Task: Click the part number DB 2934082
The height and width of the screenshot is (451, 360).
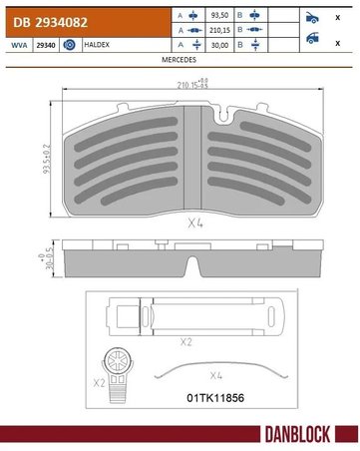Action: (50, 22)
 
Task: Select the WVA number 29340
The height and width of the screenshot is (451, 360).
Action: (46, 45)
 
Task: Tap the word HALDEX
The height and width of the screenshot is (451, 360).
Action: (97, 45)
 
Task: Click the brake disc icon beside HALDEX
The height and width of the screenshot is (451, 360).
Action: (69, 45)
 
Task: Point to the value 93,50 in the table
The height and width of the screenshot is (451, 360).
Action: (219, 15)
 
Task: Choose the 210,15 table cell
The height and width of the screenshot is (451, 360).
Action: (219, 30)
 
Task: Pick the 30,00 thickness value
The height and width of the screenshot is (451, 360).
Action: (219, 45)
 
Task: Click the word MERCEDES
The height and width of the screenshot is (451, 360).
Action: (179, 60)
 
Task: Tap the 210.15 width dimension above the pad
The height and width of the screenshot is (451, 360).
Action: (192, 84)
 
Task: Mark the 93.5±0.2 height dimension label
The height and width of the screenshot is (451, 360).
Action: (47, 159)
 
